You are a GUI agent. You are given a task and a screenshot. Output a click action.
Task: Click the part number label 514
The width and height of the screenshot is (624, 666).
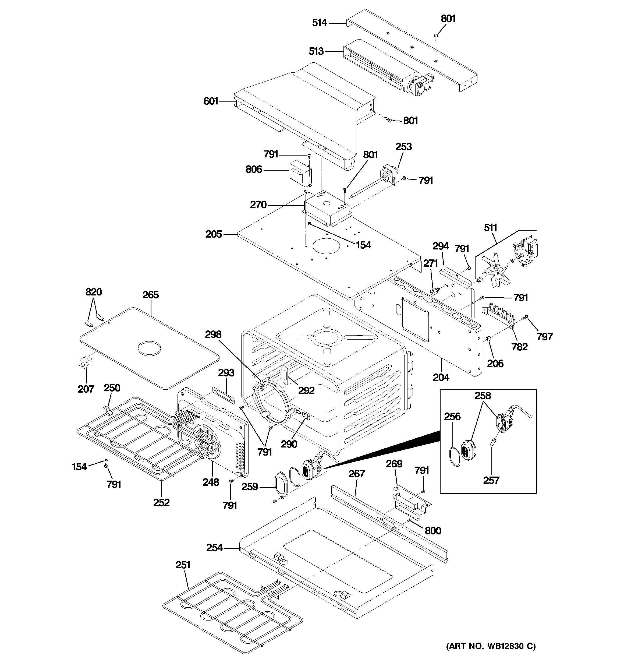pos(319,23)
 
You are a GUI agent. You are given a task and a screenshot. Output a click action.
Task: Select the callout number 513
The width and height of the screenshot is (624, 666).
pos(316,51)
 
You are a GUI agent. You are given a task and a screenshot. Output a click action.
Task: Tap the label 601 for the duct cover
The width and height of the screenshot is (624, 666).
pos(211,101)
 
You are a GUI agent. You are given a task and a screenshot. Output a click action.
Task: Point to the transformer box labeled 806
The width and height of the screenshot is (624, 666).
pos(300,174)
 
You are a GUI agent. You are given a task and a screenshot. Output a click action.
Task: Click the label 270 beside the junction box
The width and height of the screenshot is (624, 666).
pos(258,205)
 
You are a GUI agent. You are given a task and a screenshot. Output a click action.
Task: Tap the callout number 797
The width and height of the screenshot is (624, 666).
pos(544,336)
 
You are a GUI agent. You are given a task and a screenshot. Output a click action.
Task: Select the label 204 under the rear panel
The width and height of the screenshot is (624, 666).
pos(441,377)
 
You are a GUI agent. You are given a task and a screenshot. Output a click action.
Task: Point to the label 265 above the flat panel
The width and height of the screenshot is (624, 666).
pos(150,295)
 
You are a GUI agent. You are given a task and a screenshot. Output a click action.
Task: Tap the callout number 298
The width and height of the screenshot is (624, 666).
pos(213,334)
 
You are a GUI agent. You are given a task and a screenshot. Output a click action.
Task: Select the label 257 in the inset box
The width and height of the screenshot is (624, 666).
pos(491,480)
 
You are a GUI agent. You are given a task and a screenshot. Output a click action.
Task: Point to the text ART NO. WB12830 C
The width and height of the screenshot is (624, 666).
pos(490,646)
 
